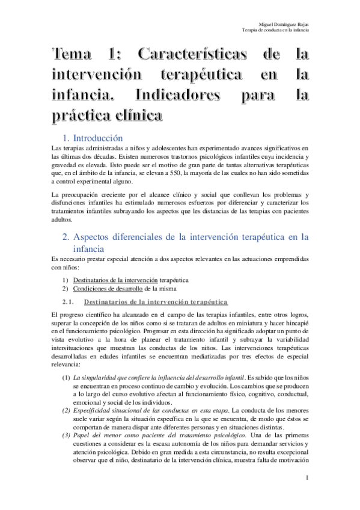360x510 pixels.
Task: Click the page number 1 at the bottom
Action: pos(307,478)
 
